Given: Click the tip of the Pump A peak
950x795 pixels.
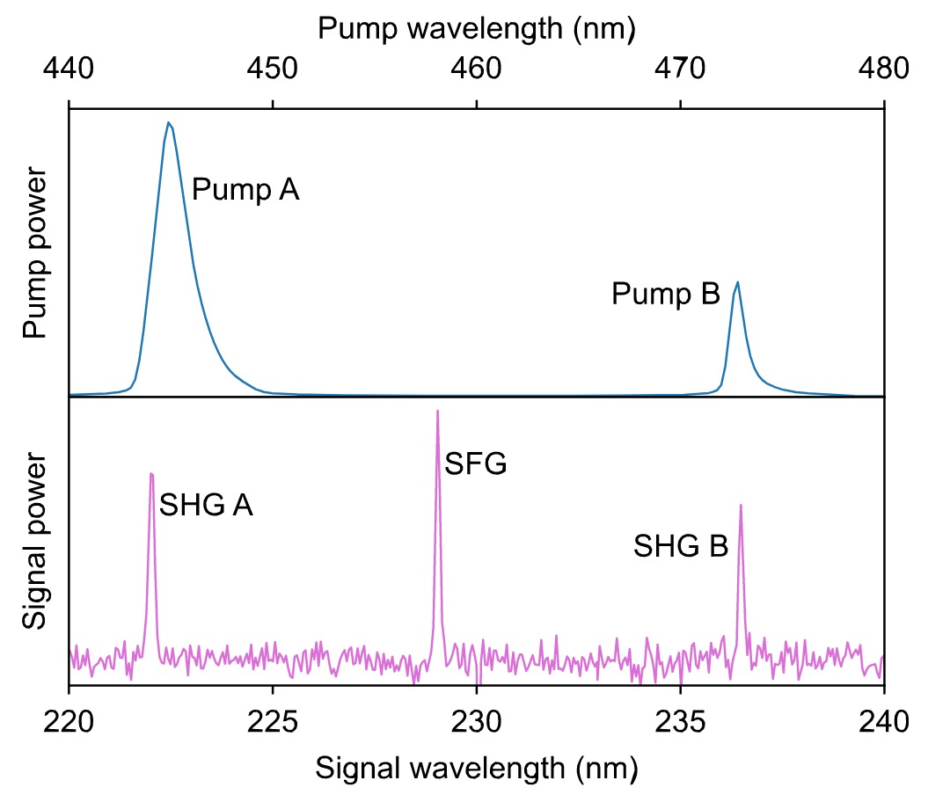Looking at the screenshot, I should tap(168, 122).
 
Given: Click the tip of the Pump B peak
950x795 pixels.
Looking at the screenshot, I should tap(737, 282).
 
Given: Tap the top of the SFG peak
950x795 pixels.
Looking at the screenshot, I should tap(437, 411).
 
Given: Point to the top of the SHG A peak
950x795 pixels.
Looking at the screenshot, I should tap(152, 473).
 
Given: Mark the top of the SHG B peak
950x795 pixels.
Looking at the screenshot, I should tap(741, 505).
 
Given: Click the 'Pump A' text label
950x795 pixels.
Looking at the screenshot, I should tap(245, 189).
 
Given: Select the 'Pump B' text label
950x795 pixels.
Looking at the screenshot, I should tap(666, 295).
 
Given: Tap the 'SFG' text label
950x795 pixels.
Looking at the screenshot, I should tap(476, 463).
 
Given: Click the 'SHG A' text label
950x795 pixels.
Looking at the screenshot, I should tap(206, 506).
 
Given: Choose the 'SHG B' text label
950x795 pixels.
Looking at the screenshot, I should tap(681, 547).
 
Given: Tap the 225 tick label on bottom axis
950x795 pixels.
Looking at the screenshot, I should tap(273, 726).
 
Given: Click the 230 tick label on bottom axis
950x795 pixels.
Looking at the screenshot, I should tap(476, 726).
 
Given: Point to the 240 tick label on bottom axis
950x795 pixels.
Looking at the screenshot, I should tap(883, 726).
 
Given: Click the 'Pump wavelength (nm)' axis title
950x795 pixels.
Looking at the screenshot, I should tap(476, 28).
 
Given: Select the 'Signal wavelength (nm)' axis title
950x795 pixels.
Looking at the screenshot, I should tap(476, 768).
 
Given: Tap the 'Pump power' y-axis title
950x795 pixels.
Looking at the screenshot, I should tap(35, 253).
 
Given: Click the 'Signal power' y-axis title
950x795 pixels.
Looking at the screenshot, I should tap(35, 541).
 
